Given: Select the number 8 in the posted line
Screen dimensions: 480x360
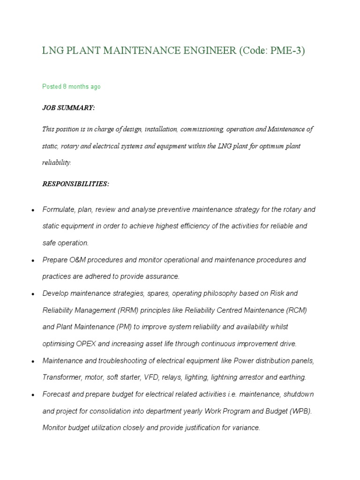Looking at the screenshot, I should (x=65, y=87).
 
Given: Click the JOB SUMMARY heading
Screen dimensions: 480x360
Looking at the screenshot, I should (x=68, y=108).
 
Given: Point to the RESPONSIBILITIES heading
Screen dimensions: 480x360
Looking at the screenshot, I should (x=75, y=184).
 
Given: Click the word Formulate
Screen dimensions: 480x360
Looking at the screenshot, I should (x=58, y=210).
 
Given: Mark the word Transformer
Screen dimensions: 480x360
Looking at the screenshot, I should (x=61, y=377).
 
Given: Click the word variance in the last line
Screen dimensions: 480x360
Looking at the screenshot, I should (x=246, y=427).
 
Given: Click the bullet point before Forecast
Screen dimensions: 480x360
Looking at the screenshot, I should (x=33, y=395).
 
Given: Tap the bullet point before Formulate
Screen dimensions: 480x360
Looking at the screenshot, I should (x=33, y=210).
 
